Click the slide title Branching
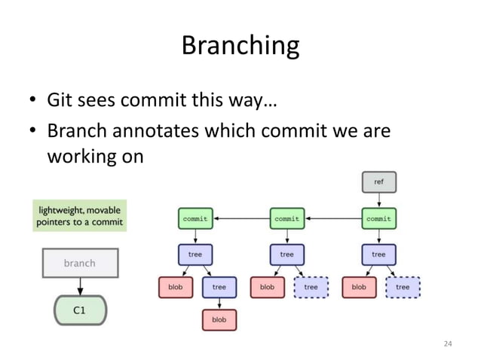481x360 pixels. point(240,46)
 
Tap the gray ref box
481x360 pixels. point(378,182)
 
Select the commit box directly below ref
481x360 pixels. point(378,218)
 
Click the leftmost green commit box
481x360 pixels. point(195,218)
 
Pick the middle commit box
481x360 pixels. point(286,218)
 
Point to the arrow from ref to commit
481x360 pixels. point(378,200)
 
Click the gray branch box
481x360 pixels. point(79,263)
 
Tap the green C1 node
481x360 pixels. point(79,309)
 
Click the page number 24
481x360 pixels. point(448,344)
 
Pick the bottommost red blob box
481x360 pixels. point(219,319)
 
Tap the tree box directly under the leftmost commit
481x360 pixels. point(195,254)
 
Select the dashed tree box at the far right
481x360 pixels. point(403,287)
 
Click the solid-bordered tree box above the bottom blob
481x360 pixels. point(219,287)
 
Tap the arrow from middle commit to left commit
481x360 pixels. point(240,218)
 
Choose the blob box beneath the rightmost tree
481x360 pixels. point(359,287)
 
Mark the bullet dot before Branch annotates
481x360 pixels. point(34,132)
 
